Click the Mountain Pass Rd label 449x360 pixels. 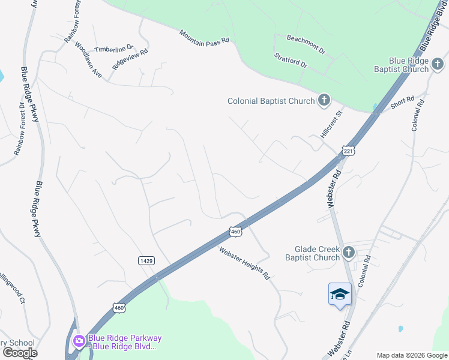[x=204, y=36]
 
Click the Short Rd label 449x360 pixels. [x=402, y=103]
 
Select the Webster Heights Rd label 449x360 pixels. [x=244, y=264]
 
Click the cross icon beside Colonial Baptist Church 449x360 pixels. [x=324, y=100]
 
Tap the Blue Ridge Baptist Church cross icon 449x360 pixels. [x=438, y=64]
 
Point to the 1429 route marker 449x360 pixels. [x=146, y=260]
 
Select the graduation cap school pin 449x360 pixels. [x=340, y=294]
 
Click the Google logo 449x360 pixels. [x=20, y=353]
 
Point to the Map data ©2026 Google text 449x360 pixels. [x=411, y=355]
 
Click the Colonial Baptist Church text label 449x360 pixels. [x=271, y=101]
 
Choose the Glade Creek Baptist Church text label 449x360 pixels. [x=317, y=253]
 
